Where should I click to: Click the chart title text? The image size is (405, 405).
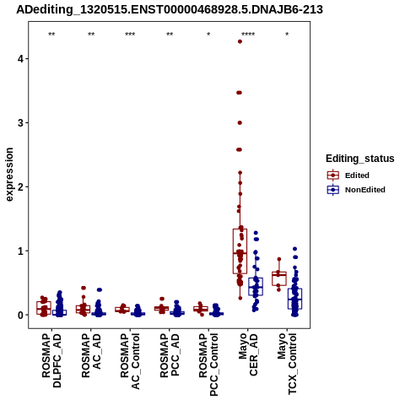click(170, 9)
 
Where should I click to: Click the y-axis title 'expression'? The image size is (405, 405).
click(9, 175)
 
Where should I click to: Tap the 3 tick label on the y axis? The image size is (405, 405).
click(21, 123)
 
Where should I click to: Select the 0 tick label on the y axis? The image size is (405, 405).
click(21, 315)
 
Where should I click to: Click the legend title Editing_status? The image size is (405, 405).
click(360, 159)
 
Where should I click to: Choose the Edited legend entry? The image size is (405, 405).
click(348, 175)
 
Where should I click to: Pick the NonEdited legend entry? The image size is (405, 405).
click(356, 190)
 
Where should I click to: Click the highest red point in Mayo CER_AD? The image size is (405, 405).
click(240, 41)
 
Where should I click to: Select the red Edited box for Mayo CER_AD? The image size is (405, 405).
click(240, 251)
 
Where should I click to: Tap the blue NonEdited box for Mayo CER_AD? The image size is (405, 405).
click(256, 287)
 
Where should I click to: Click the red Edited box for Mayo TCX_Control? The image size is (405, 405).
click(279, 278)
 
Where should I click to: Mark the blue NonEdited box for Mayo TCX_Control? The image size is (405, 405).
click(294, 299)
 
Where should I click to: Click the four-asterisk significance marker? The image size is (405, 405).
click(248, 35)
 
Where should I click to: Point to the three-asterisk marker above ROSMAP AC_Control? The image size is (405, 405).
click(130, 35)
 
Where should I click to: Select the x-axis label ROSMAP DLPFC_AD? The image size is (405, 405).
click(51, 360)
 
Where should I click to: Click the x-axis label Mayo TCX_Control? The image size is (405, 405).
click(287, 364)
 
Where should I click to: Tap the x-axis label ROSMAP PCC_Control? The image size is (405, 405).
click(208, 364)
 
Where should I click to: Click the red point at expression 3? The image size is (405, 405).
click(240, 123)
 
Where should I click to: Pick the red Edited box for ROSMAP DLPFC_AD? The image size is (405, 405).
click(44, 308)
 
